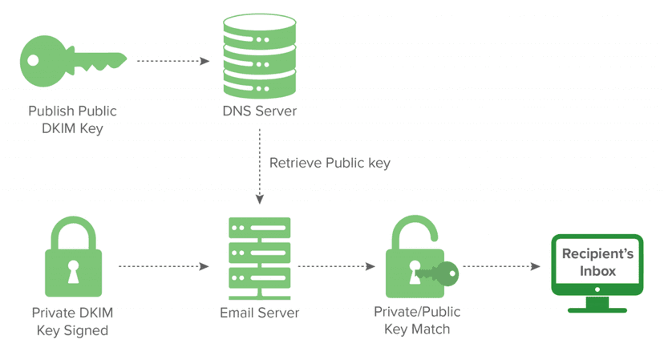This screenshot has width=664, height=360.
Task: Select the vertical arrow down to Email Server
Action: [259, 168]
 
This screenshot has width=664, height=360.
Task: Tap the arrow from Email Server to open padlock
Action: [337, 265]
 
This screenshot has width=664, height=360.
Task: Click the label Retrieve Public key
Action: [330, 163]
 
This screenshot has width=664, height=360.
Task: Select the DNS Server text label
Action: [259, 111]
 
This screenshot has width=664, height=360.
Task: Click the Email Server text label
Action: [258, 312]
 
